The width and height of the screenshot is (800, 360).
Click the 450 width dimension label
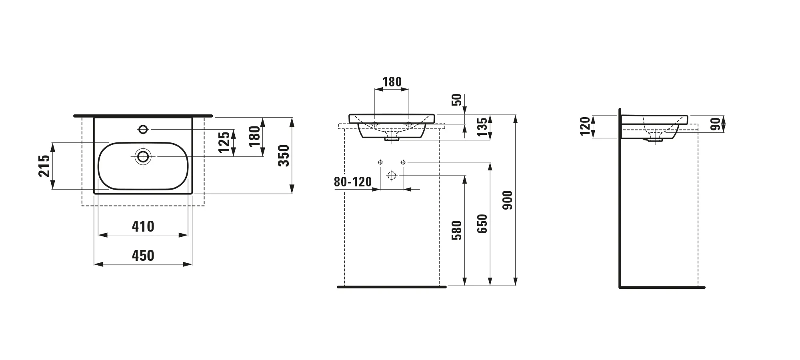click(143, 256)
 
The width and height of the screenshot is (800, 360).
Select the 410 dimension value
click(143, 227)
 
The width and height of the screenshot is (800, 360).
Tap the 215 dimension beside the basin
click(44, 166)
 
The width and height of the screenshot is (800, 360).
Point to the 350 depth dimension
click(284, 156)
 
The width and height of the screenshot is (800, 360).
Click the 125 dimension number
click(225, 142)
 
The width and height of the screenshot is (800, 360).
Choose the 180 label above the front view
click(392, 82)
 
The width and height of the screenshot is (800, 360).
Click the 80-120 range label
click(353, 182)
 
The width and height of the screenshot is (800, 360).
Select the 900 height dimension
click(507, 200)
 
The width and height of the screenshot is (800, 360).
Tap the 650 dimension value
click(482, 224)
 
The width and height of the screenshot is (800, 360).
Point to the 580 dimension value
click(456, 230)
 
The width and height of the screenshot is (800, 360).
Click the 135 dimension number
click(483, 126)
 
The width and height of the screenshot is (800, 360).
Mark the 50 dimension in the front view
click(457, 100)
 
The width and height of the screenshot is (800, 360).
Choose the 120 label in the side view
click(585, 126)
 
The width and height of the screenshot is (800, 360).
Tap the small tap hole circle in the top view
click(143, 129)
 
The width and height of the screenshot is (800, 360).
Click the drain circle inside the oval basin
click(143, 156)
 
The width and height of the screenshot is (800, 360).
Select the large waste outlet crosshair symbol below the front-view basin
click(392, 175)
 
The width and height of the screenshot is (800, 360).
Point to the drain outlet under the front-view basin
click(392, 138)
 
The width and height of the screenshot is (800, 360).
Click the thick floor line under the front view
click(392, 287)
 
